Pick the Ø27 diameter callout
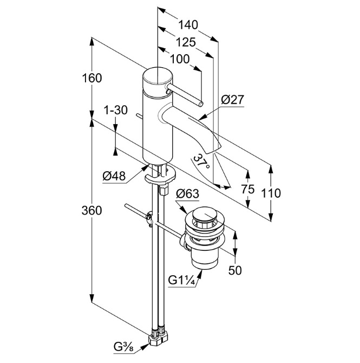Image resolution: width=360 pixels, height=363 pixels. pyautogui.click(x=233, y=99)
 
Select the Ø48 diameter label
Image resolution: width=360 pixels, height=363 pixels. pyautogui.click(x=114, y=176)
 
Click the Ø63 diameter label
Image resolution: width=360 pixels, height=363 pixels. pyautogui.click(x=188, y=194)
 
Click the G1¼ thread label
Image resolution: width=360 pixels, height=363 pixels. pyautogui.click(x=182, y=281)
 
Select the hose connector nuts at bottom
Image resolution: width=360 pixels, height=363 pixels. pyautogui.click(x=160, y=336)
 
